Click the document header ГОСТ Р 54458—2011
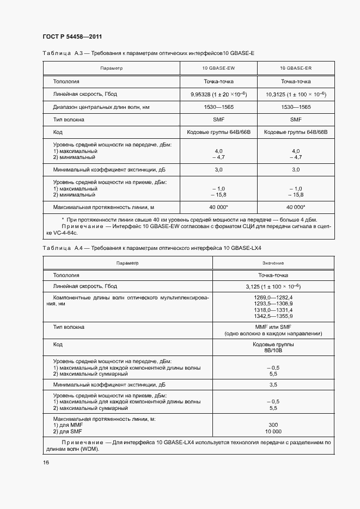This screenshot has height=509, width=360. pos(72,37)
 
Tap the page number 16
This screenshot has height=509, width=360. pos(46,463)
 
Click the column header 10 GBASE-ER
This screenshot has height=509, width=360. pos(296,69)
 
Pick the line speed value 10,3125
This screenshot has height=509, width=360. pos(277,94)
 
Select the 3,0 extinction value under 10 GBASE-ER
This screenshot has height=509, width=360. pos(296,170)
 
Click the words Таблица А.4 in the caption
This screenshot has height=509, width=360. pos(64,248)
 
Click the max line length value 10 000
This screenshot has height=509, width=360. pos(273,431)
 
